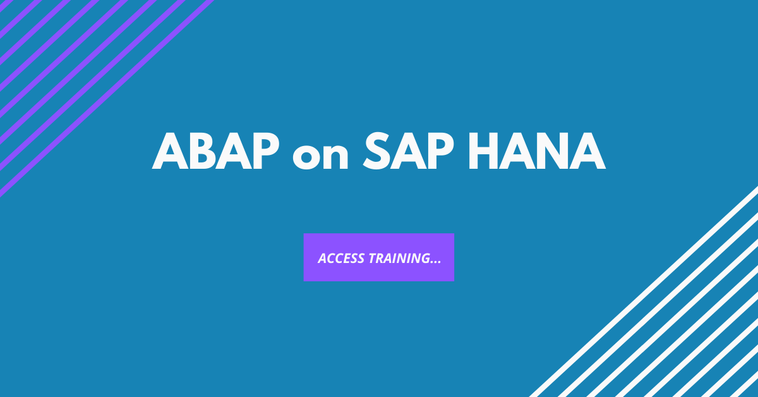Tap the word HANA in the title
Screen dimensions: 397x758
coord(543,152)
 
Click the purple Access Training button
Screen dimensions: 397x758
coord(378,257)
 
